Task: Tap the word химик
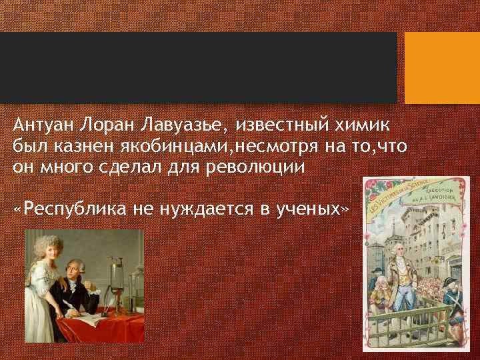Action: tap(364, 125)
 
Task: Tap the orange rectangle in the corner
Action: tap(442, 68)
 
